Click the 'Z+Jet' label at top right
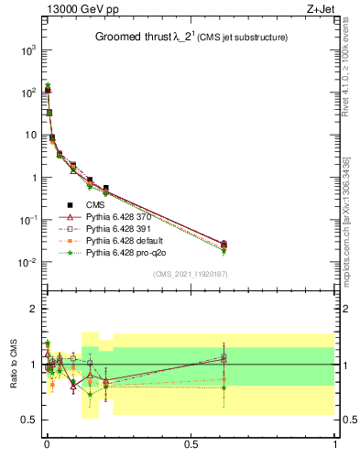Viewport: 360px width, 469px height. click(x=321, y=10)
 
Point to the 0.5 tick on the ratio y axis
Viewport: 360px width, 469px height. click(x=30, y=420)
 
